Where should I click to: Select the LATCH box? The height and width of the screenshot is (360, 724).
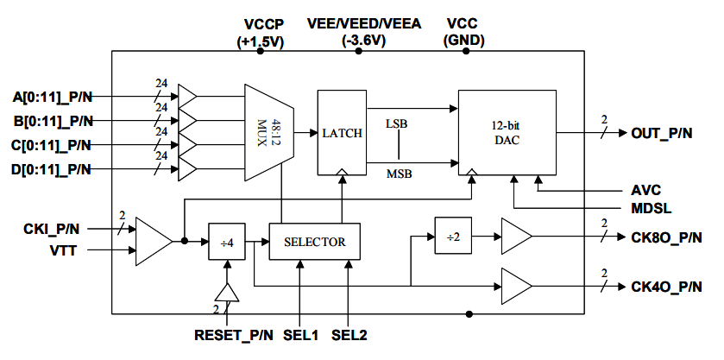342,132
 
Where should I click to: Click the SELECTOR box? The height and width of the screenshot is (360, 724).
314,242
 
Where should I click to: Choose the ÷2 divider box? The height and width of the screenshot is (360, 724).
453,235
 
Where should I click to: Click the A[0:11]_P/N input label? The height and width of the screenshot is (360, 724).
54,96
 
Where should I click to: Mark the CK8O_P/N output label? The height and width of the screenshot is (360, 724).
666,236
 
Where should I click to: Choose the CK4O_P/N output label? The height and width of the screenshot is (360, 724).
666,286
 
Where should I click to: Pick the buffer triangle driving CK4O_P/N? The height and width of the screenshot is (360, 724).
516,282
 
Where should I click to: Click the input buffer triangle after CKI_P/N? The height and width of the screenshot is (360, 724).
153,240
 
